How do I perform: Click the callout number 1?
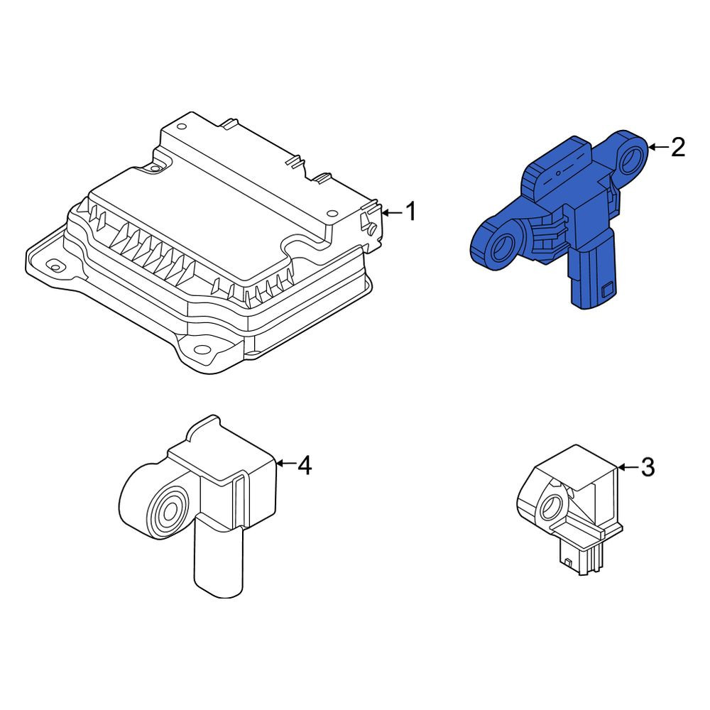tap(410, 212)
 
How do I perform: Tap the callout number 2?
tap(677, 147)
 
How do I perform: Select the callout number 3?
tap(648, 467)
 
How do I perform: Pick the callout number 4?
tap(305, 465)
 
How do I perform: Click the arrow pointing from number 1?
tap(392, 212)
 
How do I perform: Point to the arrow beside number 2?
tap(658, 147)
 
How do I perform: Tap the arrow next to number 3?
tap(628, 467)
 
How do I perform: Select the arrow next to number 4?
tap(285, 463)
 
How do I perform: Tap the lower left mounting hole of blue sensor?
tap(503, 247)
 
